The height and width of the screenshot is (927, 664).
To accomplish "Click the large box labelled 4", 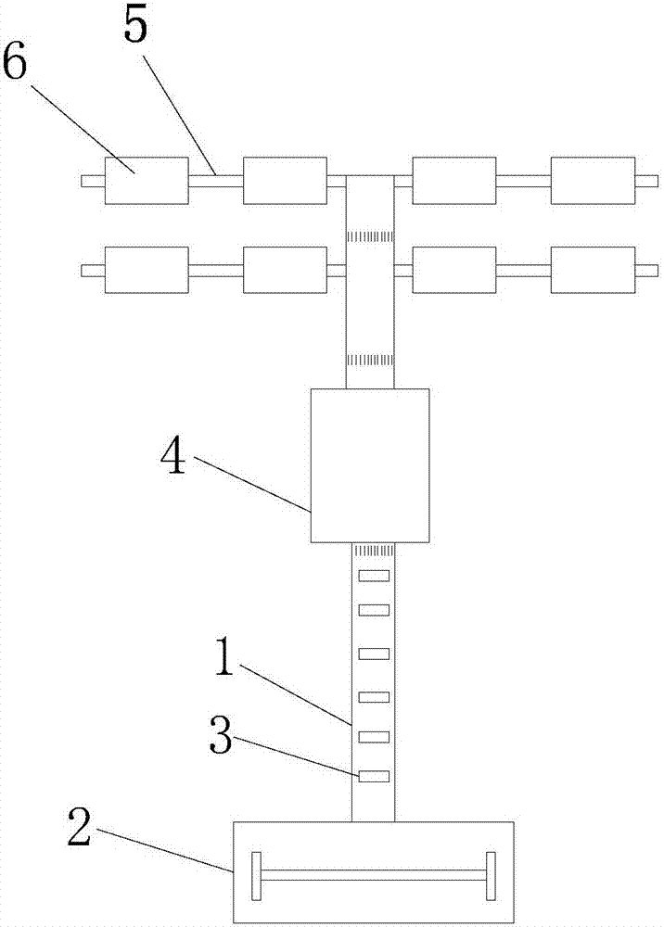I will [370, 465].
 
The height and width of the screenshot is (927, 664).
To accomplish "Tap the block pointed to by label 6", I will [146, 180].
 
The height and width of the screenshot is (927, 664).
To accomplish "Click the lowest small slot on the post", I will [373, 776].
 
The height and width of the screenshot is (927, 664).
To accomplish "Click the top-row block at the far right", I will [593, 180].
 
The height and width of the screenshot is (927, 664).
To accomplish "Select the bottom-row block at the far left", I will [146, 270].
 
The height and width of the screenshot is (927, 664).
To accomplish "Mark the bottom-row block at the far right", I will [593, 270].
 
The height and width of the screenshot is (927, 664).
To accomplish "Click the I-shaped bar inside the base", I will [373, 875].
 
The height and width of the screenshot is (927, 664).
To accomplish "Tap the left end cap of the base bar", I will [256, 875].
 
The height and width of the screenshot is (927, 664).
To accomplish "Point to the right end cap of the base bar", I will [491, 875].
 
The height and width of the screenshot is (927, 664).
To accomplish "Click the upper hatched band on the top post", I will [370, 238].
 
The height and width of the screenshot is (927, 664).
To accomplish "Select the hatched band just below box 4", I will [373, 551].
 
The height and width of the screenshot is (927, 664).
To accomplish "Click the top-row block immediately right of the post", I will [453, 180].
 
